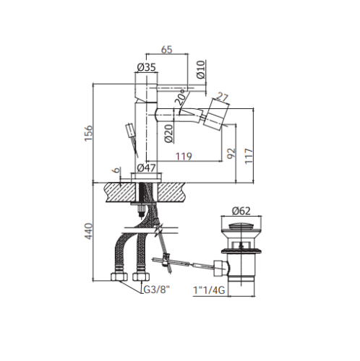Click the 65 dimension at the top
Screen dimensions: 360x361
(x=167, y=50)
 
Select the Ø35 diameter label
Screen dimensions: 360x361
(x=147, y=67)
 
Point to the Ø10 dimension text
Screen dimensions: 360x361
(x=201, y=69)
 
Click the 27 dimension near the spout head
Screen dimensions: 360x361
(x=222, y=97)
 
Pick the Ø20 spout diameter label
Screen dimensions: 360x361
(x=169, y=134)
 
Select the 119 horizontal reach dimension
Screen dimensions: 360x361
(x=184, y=157)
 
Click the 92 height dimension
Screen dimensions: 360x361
(x=231, y=153)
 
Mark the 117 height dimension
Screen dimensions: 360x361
(x=249, y=157)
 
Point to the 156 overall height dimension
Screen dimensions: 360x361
(x=88, y=133)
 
